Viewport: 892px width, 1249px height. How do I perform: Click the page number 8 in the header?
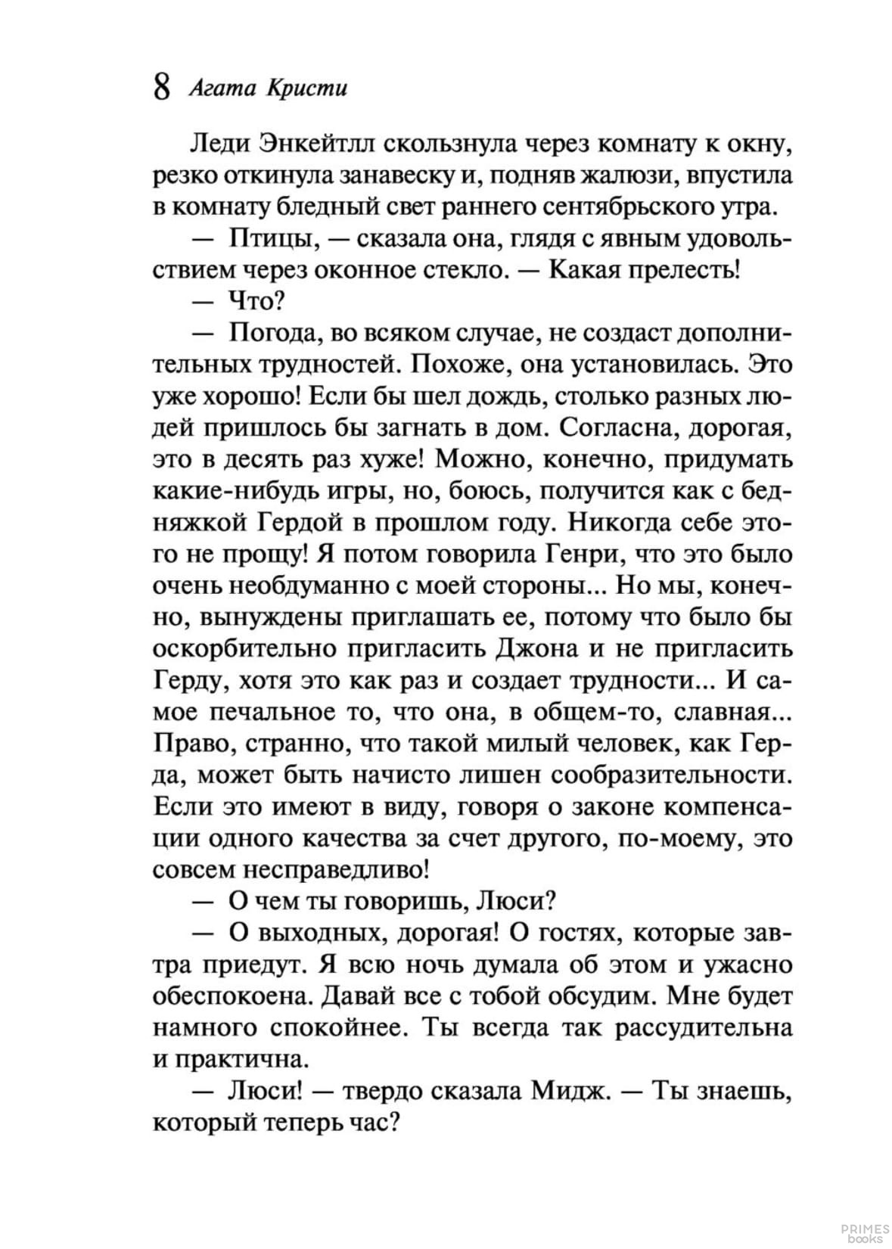point(160,87)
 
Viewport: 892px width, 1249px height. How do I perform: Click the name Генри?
point(583,555)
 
